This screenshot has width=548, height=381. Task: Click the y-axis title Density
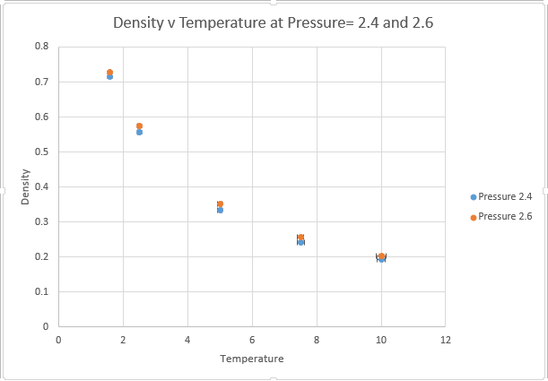coord(27,186)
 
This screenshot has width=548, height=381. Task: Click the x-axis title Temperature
coord(252,359)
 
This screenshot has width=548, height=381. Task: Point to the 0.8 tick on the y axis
coord(42,47)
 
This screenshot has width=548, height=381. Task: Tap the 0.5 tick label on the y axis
coord(42,152)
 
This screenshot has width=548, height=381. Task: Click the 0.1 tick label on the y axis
coord(42,291)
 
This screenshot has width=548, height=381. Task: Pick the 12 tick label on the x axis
coord(446,341)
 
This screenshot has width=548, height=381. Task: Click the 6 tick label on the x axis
coord(252,341)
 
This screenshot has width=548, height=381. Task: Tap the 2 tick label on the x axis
coord(123,341)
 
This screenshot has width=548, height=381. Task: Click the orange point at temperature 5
coord(220,204)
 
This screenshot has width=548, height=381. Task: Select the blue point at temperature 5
coord(220,210)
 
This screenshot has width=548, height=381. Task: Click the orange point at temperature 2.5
coord(139,126)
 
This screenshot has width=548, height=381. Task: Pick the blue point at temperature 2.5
coord(139,132)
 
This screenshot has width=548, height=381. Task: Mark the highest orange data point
coord(109,72)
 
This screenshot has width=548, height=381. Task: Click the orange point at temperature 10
coord(381,255)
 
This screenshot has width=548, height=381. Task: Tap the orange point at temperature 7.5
coord(300,238)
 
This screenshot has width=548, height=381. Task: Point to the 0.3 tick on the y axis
coord(42,221)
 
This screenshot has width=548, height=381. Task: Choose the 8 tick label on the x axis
coord(317,341)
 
